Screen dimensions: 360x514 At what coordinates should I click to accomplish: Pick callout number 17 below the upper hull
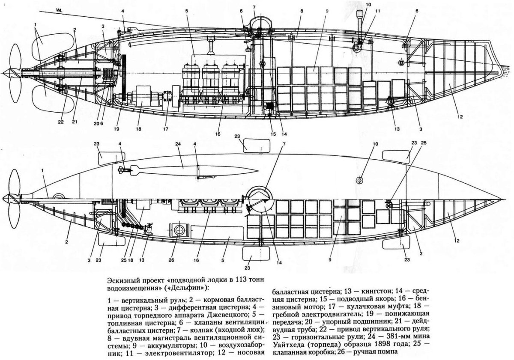click(166, 128)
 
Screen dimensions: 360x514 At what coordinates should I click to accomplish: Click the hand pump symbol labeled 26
click(177, 229)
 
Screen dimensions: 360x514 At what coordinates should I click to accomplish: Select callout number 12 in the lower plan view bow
click(457, 241)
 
